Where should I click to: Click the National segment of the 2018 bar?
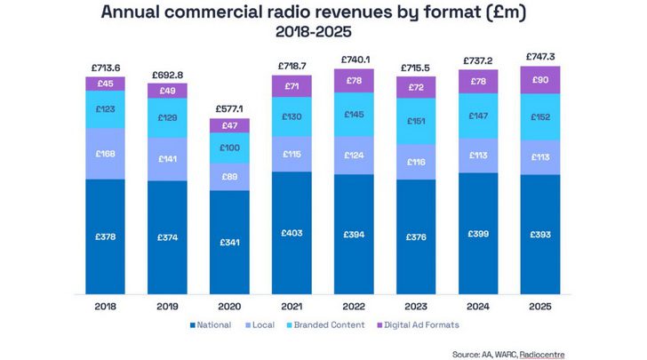[x=105, y=236]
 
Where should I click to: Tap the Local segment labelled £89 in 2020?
[x=229, y=177]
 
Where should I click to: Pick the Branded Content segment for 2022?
[x=354, y=116]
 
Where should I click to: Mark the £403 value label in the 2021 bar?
[x=292, y=233]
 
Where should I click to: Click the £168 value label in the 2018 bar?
[x=105, y=154]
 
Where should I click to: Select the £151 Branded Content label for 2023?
[x=416, y=122]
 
